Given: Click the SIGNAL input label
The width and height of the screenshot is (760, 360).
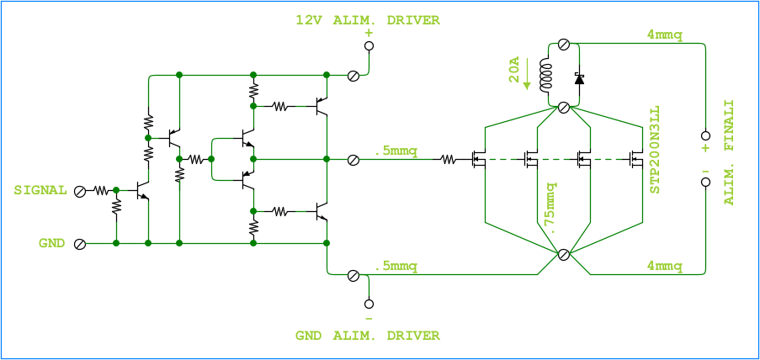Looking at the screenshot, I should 40,190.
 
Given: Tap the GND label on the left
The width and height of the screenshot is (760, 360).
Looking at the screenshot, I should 51,243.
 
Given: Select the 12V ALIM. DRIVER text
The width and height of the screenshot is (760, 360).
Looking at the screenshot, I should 367,19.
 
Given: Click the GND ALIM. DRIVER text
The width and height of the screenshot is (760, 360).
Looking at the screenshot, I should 367,336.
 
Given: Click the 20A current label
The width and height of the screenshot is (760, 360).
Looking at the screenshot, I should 514,72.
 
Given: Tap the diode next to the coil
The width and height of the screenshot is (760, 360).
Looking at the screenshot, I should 579,77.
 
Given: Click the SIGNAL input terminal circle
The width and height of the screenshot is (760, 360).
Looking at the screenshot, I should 80,191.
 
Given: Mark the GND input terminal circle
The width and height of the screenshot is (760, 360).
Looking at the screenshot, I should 80,244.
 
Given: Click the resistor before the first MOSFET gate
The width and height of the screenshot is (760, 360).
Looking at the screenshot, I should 449,158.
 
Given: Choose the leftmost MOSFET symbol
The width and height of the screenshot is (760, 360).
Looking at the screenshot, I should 478,158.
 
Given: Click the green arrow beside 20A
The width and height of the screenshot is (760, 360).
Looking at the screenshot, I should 527,74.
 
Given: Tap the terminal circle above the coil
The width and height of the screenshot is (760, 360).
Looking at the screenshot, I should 564,44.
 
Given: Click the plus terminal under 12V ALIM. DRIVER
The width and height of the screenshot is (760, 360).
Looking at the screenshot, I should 369,45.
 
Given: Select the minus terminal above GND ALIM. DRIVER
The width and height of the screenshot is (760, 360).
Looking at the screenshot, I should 369,304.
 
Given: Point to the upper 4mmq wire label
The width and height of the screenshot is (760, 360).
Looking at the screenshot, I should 664,34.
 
